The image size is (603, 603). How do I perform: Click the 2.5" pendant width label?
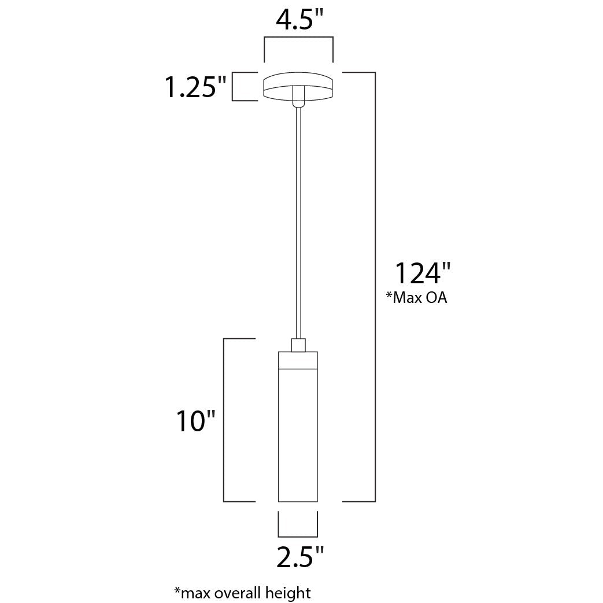301,556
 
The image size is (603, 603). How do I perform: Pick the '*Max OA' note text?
416,298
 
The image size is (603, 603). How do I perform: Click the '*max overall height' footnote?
242,593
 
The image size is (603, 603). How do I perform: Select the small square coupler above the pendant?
298,345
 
